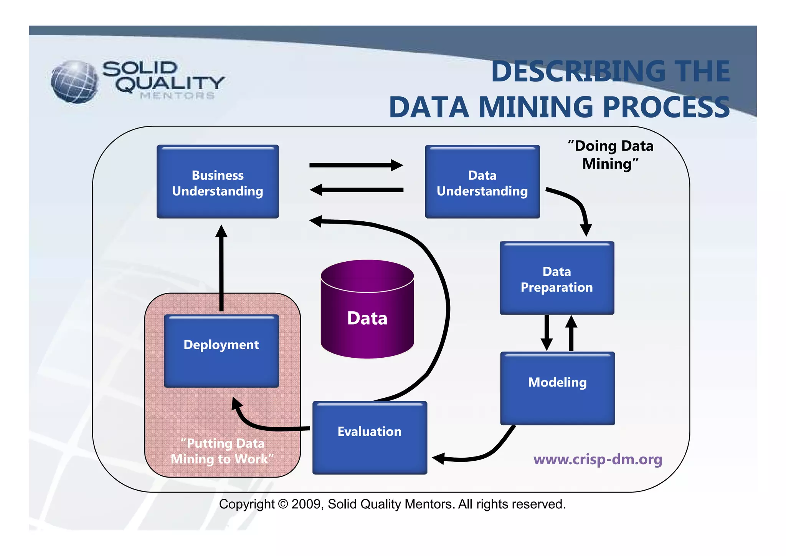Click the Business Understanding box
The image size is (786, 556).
(218, 182)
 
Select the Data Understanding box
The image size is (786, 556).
(482, 182)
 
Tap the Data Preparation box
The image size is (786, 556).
(556, 279)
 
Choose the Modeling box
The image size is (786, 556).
(557, 388)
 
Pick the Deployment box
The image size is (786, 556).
(221, 350)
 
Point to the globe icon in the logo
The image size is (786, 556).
(74, 82)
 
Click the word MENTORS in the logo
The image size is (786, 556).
(177, 96)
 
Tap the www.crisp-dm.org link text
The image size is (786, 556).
(598, 459)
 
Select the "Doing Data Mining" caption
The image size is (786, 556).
(611, 155)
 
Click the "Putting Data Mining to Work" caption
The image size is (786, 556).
(222, 451)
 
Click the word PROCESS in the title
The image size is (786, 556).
(666, 107)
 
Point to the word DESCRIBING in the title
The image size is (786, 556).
(578, 71)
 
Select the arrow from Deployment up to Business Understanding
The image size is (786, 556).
(221, 269)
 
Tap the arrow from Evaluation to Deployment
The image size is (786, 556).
(261, 425)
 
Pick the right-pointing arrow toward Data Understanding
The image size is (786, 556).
(356, 165)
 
